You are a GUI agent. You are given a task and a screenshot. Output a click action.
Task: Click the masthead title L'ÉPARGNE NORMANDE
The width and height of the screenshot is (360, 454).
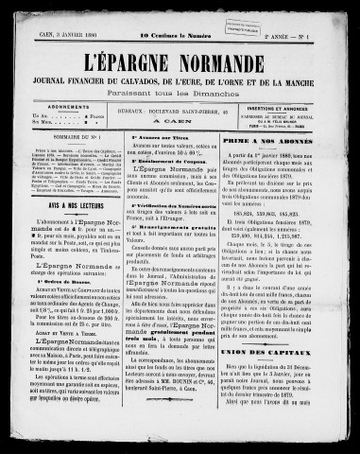180,44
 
